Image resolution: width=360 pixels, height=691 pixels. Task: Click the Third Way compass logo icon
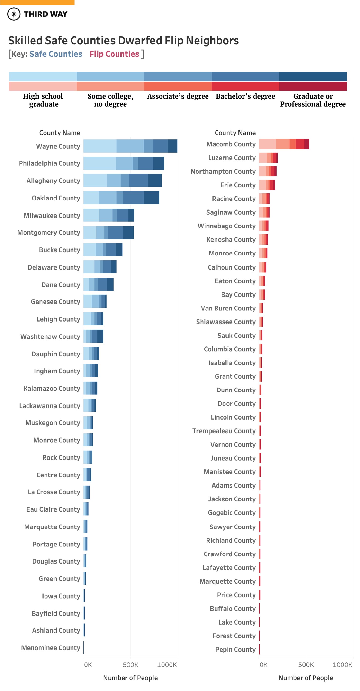point(14,14)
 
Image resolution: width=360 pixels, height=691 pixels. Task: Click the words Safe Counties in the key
point(56,54)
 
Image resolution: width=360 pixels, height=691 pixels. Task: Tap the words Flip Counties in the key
point(114,54)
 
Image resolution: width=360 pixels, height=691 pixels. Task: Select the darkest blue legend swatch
point(313,76)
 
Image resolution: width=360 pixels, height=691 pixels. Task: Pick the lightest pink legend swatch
point(43,86)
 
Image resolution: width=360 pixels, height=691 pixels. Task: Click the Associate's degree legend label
point(178,96)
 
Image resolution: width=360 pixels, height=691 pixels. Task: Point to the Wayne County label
point(58,146)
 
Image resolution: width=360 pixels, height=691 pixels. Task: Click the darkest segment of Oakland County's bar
point(151,198)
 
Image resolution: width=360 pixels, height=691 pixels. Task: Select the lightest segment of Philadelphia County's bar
point(99,163)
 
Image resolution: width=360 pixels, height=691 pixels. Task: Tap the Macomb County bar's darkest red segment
point(307,144)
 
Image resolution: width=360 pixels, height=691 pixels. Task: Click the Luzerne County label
point(232,158)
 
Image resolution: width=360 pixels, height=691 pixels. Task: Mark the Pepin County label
point(235,649)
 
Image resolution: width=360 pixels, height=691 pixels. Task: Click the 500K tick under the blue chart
point(130,665)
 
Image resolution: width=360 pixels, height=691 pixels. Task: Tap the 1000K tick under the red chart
point(342,665)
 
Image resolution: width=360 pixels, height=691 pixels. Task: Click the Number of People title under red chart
point(306,678)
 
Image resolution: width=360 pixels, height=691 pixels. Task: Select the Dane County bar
point(98,285)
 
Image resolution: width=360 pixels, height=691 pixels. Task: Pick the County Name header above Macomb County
point(235,133)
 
